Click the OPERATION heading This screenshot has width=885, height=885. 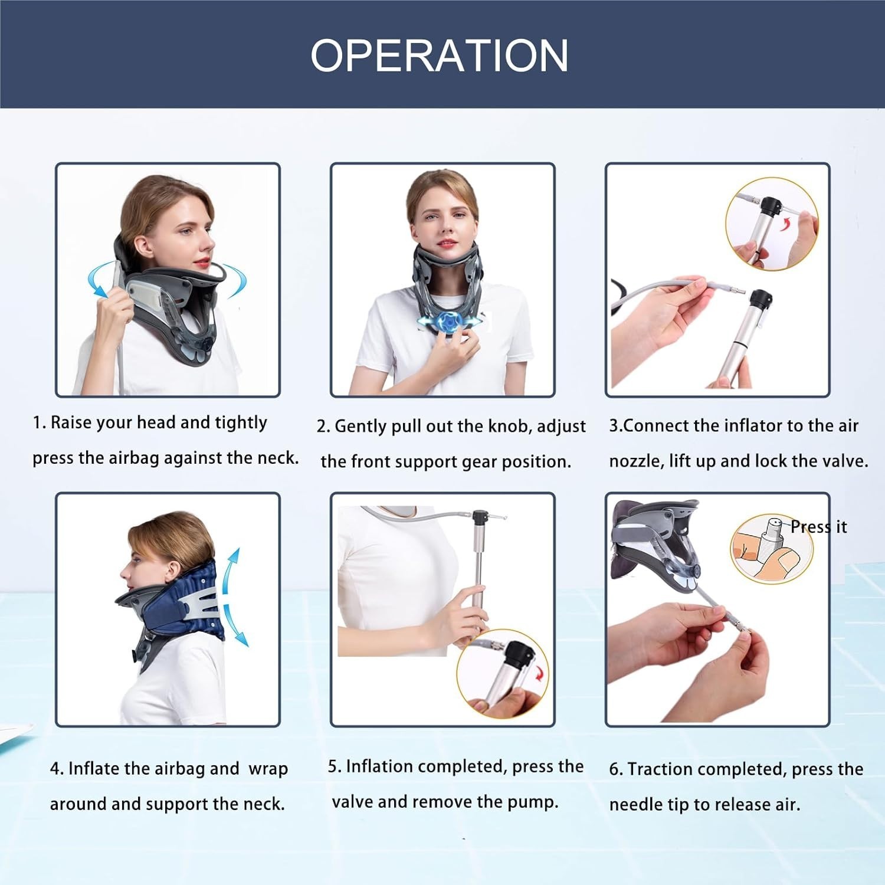pyautogui.click(x=440, y=55)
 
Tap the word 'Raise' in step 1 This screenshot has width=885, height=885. pyautogui.click(x=71, y=422)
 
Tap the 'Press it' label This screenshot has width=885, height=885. pyautogui.click(x=818, y=527)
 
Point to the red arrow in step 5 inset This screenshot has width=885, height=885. pyautogui.click(x=537, y=672)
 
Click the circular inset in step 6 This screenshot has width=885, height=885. pyautogui.click(x=772, y=548)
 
